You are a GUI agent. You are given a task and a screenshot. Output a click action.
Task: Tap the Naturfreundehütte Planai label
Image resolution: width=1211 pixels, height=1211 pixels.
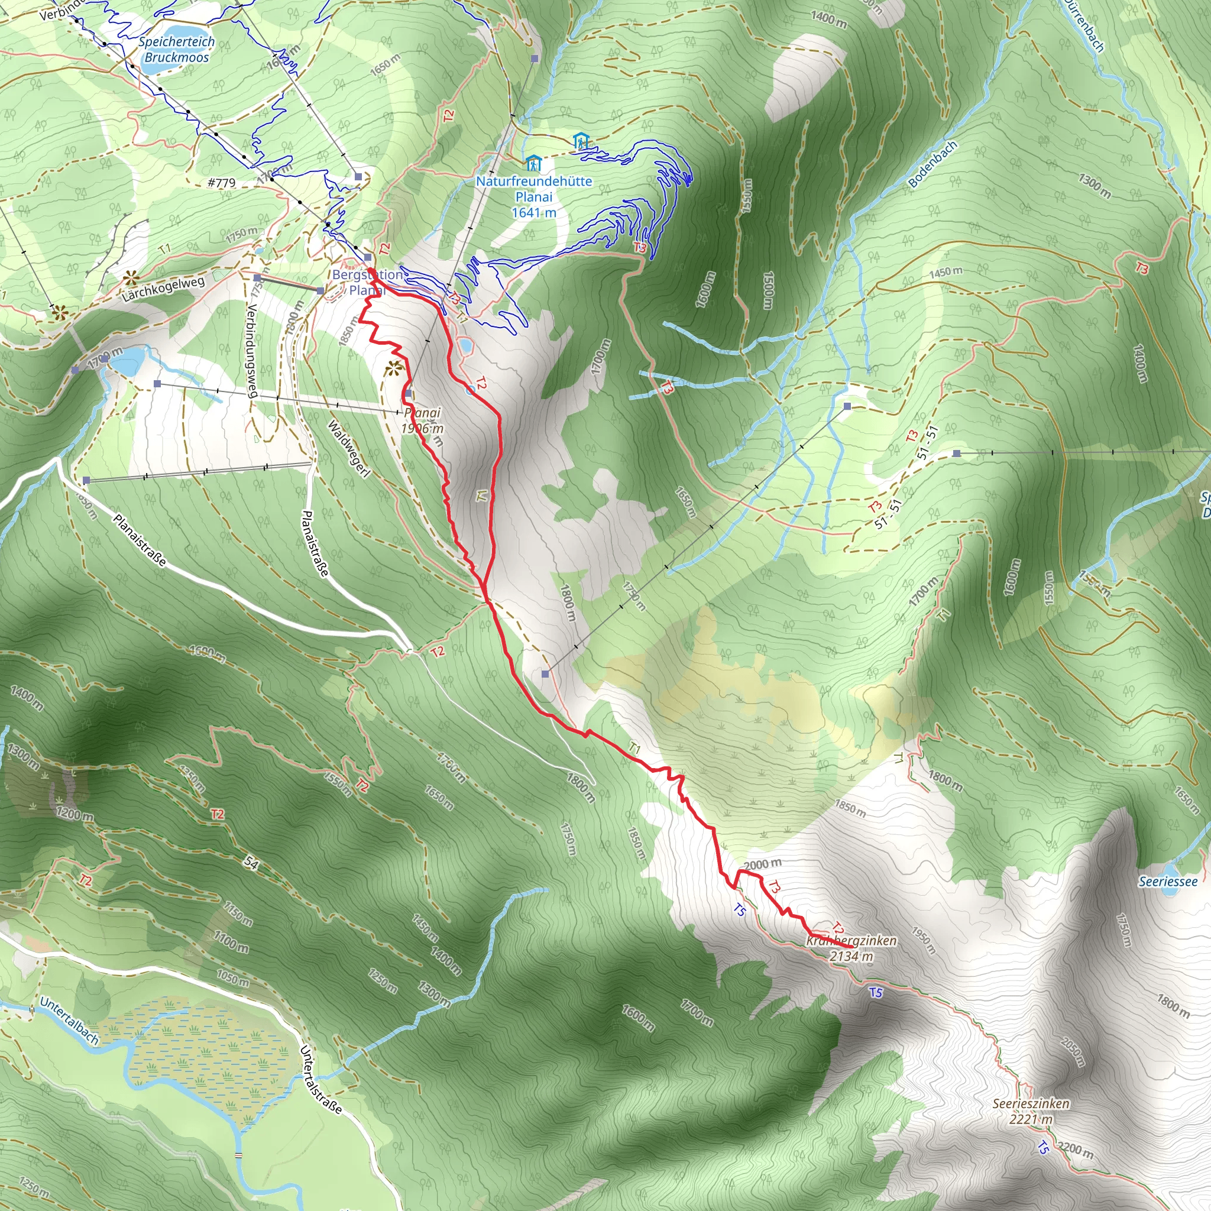(x=533, y=197)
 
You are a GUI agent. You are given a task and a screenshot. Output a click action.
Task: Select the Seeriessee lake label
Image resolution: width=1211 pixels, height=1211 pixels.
(x=1168, y=882)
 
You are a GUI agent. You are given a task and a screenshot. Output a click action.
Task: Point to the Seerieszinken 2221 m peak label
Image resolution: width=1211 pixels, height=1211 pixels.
(x=1031, y=1111)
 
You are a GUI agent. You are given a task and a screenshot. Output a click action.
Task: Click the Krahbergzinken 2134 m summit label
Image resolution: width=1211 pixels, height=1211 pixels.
(x=851, y=948)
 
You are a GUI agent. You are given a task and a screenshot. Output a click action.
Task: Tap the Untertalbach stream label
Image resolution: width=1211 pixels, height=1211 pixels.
(x=69, y=1021)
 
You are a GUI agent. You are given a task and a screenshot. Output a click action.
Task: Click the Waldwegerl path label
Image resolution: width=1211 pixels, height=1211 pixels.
(x=348, y=448)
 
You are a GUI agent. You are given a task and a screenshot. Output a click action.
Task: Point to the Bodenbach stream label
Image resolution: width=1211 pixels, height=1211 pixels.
(x=932, y=164)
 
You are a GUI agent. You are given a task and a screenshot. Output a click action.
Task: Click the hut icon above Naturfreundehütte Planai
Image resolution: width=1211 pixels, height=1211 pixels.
(x=533, y=164)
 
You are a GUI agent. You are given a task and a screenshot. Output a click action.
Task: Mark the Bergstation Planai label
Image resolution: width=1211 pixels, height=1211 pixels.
(x=367, y=283)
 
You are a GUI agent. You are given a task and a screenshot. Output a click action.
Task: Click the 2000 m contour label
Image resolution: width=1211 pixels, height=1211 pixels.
(x=763, y=865)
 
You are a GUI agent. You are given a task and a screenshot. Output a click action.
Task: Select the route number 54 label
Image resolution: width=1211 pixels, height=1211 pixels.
(x=251, y=863)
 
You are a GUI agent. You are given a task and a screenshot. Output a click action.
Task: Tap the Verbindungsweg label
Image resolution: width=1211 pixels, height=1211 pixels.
(x=252, y=351)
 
